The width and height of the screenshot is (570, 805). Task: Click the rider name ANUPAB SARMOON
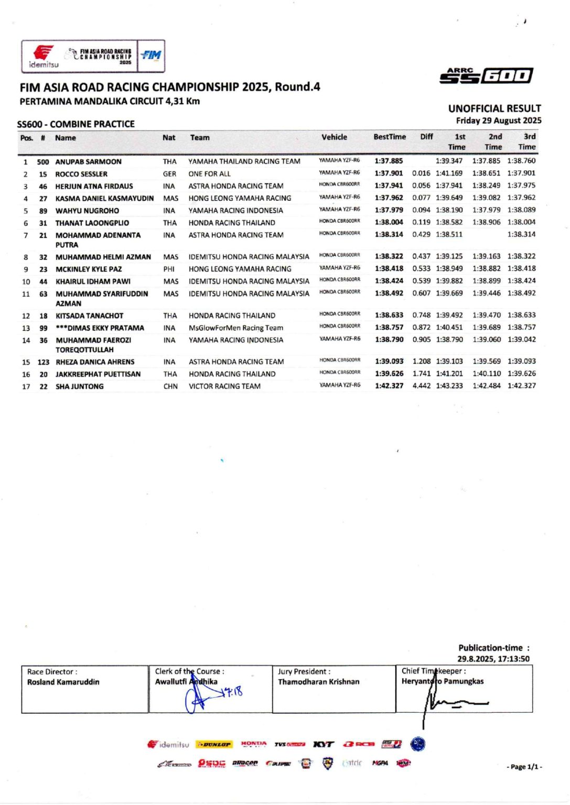click(x=88, y=162)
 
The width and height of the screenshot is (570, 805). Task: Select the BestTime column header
click(x=390, y=137)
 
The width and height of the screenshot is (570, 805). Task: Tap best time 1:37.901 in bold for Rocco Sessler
click(x=389, y=173)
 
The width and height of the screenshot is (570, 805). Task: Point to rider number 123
click(x=44, y=362)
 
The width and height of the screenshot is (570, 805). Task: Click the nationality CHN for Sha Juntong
click(x=170, y=386)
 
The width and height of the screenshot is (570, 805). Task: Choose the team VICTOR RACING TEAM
click(x=224, y=386)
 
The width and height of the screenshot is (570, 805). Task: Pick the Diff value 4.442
click(x=421, y=386)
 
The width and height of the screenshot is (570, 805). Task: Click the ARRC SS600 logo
click(x=486, y=76)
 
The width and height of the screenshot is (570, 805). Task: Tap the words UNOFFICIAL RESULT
click(x=494, y=108)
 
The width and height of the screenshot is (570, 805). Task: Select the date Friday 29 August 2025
click(x=498, y=121)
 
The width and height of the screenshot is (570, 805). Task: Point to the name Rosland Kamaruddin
click(x=63, y=682)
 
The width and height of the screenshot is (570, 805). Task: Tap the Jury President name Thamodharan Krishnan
click(x=318, y=682)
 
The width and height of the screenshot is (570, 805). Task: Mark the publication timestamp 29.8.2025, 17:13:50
click(x=493, y=659)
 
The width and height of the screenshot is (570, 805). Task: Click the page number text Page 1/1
click(x=524, y=767)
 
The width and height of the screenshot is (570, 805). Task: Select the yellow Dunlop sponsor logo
click(x=213, y=744)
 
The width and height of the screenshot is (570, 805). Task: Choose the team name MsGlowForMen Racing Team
click(x=236, y=328)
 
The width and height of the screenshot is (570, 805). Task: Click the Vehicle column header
click(x=334, y=137)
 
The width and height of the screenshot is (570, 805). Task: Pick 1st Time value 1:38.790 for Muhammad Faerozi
click(x=449, y=340)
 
